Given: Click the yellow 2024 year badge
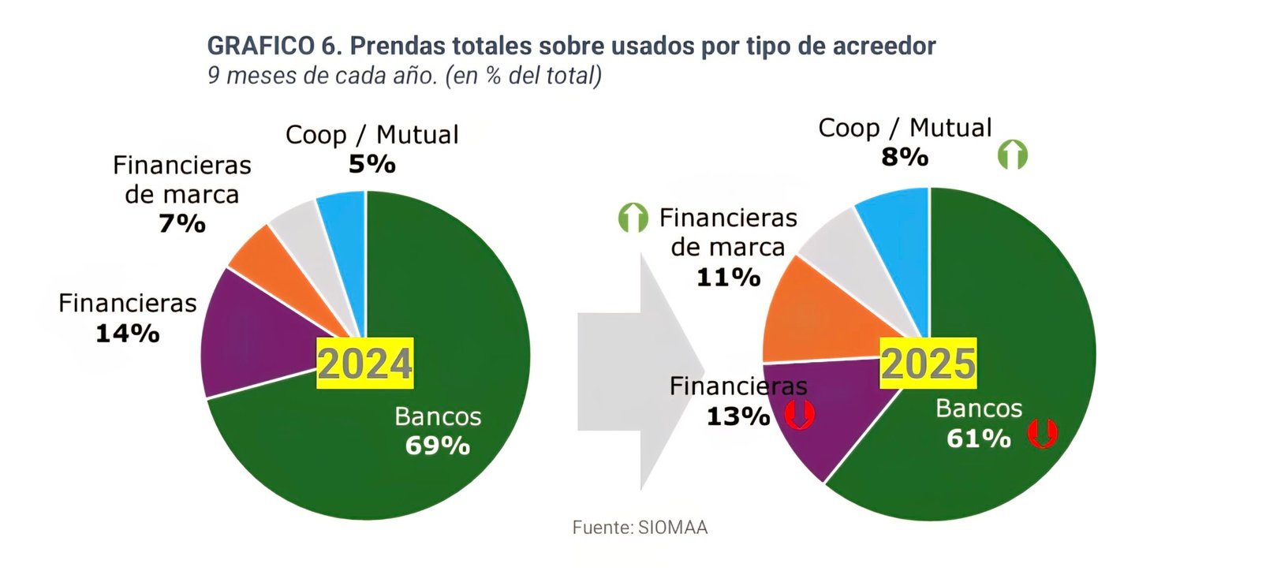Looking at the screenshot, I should click(364, 364).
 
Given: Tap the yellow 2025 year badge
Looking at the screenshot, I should click(928, 364).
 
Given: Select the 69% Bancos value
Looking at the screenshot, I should click(438, 446).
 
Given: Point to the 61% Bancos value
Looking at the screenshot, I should click(979, 439).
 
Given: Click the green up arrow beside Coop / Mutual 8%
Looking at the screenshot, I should click(1013, 155).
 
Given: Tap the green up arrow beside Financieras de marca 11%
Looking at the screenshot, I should click(633, 218).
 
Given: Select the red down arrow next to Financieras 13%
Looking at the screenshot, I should click(799, 414).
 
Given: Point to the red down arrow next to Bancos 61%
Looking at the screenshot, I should click(1042, 433).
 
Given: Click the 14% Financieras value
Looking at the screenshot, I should click(128, 334).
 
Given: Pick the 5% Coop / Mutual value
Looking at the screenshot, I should click(372, 164).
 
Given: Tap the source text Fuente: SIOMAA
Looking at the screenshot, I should click(640, 528).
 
